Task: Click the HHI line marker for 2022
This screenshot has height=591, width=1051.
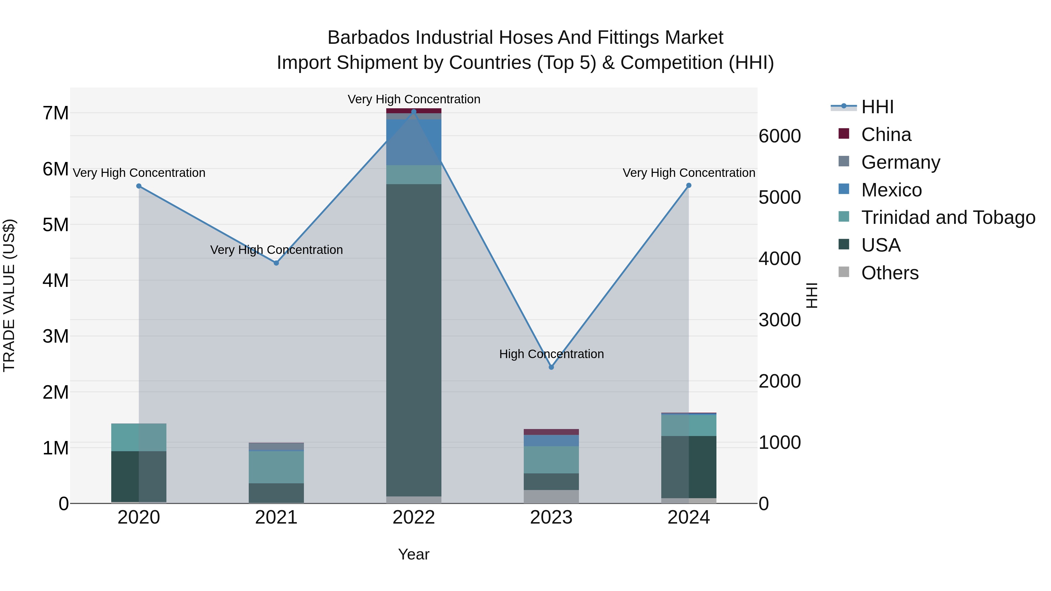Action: [414, 111]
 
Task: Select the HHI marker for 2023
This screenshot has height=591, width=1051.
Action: [551, 367]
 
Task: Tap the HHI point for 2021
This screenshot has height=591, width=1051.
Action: [276, 263]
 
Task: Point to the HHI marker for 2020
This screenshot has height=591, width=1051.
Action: [139, 186]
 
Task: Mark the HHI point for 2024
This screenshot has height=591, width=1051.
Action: [689, 186]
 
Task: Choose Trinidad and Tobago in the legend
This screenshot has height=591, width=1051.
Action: [948, 217]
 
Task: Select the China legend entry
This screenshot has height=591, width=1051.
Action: [886, 135]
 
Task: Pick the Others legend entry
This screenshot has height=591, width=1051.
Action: [890, 273]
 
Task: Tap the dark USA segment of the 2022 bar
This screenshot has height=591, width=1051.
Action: [414, 339]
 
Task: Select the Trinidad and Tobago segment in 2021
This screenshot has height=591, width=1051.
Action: [276, 467]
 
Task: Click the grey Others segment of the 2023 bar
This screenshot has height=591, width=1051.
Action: [551, 496]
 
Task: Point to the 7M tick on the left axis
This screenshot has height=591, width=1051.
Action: [55, 114]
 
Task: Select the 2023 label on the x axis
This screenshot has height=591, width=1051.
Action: [551, 517]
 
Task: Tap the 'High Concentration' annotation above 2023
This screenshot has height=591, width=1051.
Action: [551, 354]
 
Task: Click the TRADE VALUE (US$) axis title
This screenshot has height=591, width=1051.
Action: [9, 295]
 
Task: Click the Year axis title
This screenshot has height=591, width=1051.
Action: [414, 554]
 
